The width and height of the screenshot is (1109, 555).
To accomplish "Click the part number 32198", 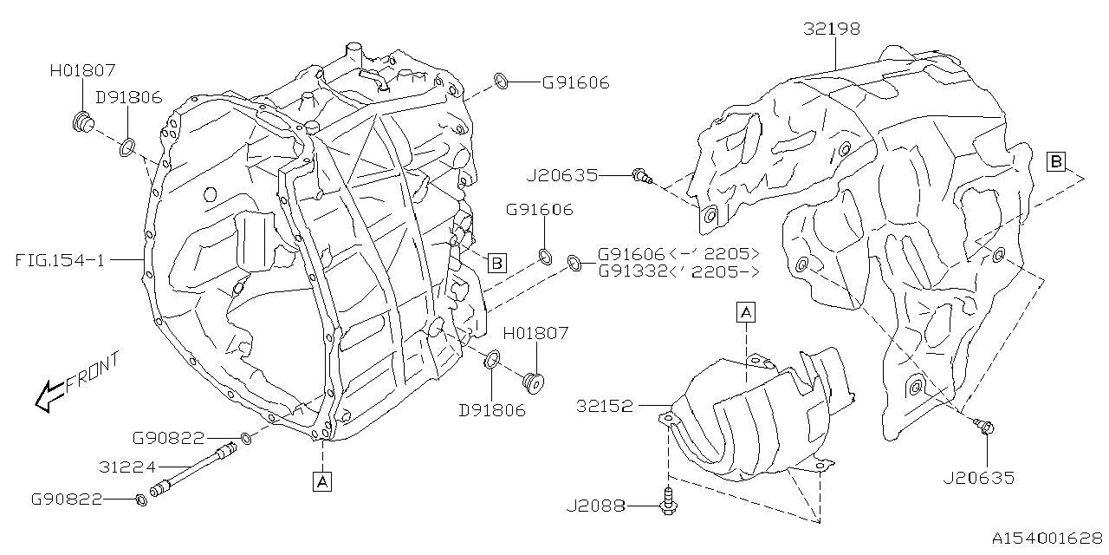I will [831, 29].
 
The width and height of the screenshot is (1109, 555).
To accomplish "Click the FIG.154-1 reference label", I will [59, 258].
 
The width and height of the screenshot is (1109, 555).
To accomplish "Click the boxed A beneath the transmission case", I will [322, 480].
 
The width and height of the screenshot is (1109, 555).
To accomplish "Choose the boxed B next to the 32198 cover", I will [1055, 160].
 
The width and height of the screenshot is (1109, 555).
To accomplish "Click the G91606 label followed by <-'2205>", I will [632, 254].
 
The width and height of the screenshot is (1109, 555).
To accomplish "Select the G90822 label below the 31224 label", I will [67, 499].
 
